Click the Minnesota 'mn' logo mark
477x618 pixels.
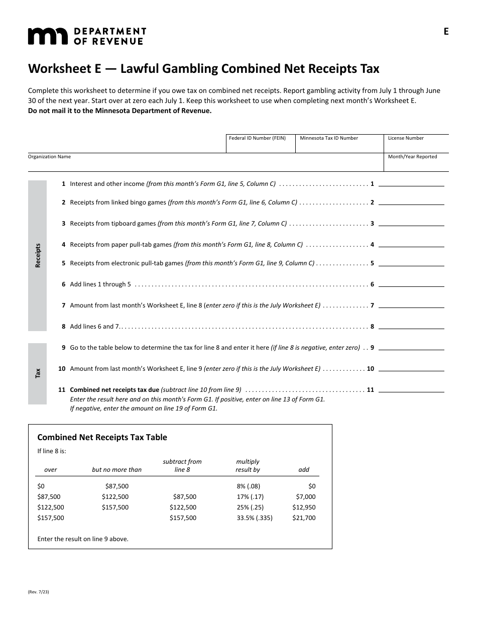[47, 36]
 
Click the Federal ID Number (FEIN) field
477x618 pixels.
[260, 146]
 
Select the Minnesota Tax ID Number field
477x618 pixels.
[339, 146]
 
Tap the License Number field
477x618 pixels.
[416, 146]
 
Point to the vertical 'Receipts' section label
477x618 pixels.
[38, 255]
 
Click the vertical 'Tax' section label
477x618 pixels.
[38, 373]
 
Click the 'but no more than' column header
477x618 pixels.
[116, 470]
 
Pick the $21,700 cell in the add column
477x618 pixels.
[304, 518]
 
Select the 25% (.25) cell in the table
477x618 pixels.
[250, 507]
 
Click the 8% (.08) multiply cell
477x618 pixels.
[248, 486]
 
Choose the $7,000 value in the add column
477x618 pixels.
[305, 496]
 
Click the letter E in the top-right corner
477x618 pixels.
[446, 32]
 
